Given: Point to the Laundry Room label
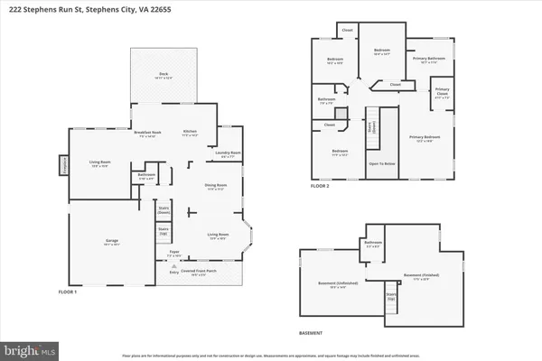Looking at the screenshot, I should pos(229,153).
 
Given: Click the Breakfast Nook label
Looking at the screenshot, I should pos(147,133).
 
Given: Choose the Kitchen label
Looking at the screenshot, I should pos(190,133).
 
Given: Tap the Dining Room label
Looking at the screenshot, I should pos(215,188).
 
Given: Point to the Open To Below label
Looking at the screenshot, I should pos(381,164).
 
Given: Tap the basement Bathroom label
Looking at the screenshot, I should pos(373,243).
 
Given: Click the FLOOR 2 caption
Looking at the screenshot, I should pos(320,185).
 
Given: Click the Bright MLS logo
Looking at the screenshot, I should pos(31,347).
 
